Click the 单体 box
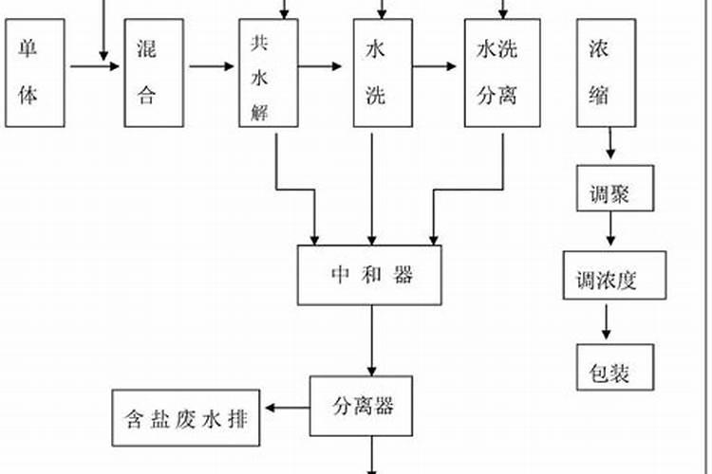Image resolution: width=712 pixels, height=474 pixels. point(35,72)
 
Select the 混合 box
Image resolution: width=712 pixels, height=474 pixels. point(154,72)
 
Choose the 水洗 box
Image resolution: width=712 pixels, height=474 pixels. point(383,72)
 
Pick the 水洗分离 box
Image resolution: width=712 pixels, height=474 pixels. point(496,72)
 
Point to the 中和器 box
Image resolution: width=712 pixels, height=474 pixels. point(370,276)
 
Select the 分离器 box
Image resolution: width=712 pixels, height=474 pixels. point(363,407)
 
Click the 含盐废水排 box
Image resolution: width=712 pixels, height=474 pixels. point(188,417)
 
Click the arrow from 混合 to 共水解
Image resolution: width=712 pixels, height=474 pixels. point(211,66)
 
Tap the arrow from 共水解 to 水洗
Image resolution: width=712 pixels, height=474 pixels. point(323,66)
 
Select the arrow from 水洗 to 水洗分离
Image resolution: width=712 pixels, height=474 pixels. point(437,66)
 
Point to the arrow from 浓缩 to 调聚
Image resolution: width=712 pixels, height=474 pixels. point(609,145)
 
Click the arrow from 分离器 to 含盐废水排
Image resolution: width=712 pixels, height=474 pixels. point(287,408)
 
